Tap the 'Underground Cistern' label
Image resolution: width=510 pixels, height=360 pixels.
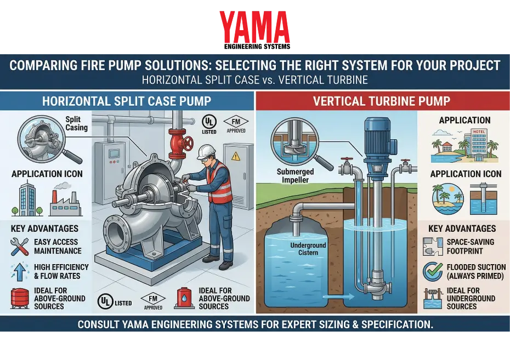tap(309, 249)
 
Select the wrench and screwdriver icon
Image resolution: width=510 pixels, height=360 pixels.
tap(19, 247)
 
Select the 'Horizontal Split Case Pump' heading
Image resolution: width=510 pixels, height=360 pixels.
tap(127, 101)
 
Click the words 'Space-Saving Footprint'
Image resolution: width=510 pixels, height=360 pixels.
tap(471, 245)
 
